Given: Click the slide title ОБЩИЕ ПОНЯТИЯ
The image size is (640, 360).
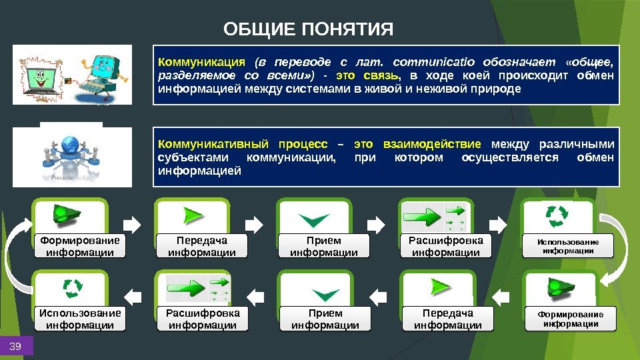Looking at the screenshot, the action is tap(309, 29).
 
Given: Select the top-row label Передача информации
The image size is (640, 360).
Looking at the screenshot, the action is tap(201, 246).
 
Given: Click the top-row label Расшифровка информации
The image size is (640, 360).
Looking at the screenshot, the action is tap(446, 246).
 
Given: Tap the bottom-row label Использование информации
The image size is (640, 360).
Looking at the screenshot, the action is tap(80, 319).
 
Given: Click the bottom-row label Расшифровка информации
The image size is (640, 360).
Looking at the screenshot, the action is tap(202, 319).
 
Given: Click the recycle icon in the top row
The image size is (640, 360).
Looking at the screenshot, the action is tap(557, 216).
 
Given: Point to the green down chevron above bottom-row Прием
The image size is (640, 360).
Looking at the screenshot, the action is tap(324, 293).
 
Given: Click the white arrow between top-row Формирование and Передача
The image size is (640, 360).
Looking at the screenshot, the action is tap(132, 223).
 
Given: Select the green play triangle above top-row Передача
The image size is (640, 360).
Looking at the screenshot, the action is tap(193, 216).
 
